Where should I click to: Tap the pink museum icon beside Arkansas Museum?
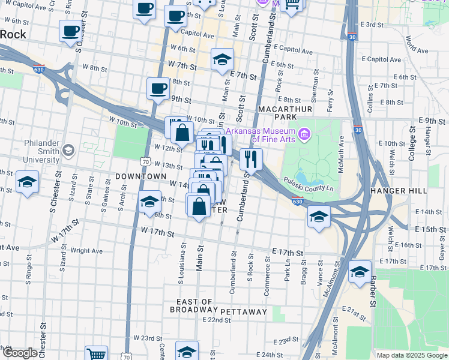(305, 133)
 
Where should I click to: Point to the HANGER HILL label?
(399, 190)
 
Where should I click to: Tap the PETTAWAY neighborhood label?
(243, 312)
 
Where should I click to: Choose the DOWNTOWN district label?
(140, 176)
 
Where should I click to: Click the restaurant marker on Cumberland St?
(251, 160)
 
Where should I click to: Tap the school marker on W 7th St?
(222, 59)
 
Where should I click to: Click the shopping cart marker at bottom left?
(96, 353)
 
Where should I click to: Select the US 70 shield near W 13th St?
(145, 161)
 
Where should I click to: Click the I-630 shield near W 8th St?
(39, 69)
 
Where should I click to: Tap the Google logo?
(19, 353)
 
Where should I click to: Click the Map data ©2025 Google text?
(411, 355)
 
